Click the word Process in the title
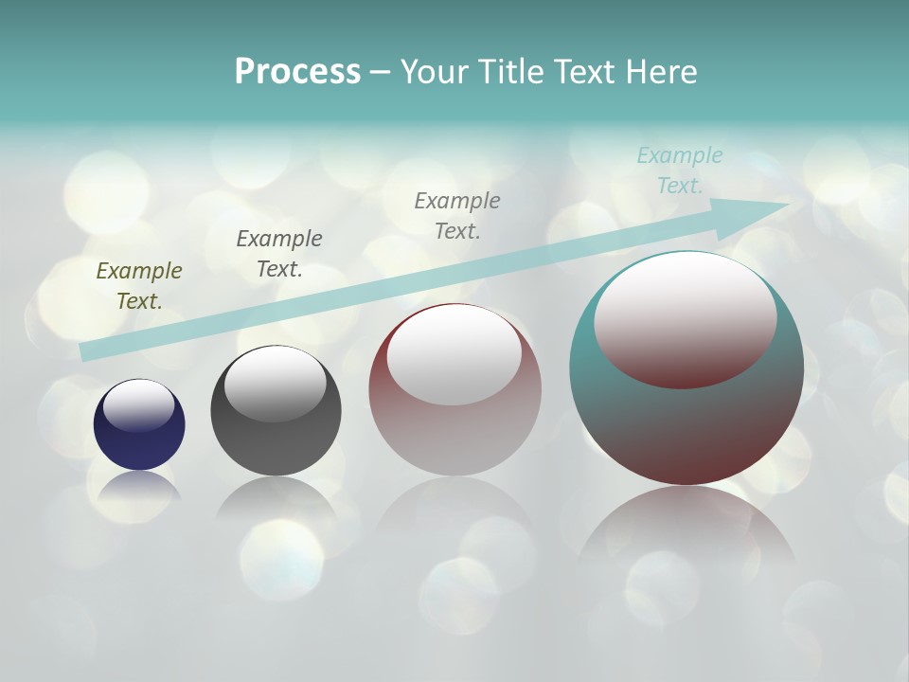[x=297, y=71]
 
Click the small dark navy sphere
[x=139, y=445]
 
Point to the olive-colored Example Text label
[x=139, y=286]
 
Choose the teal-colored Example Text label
[x=680, y=170]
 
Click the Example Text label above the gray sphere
[x=279, y=254]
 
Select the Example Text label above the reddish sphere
[x=457, y=216]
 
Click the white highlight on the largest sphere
[x=685, y=317]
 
